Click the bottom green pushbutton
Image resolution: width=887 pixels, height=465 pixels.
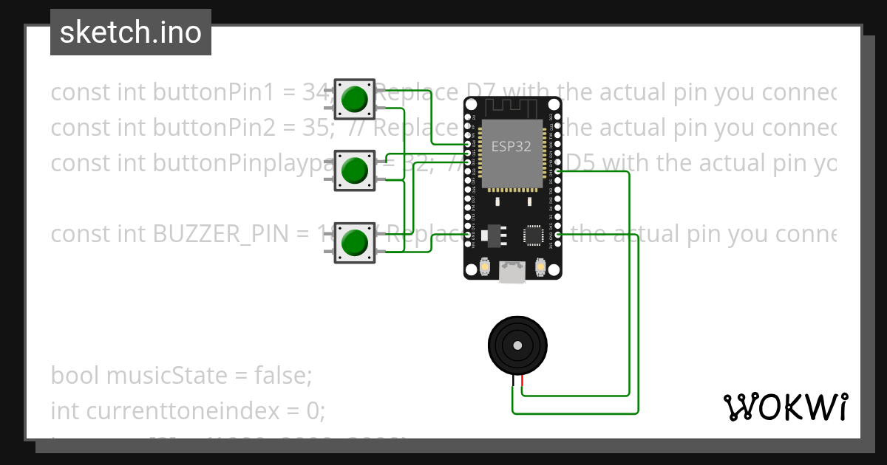[x=355, y=242]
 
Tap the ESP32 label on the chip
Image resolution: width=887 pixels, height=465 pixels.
[x=512, y=146]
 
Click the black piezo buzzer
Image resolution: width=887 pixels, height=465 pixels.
[x=518, y=344]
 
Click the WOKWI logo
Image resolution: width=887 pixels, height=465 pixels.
[x=785, y=407]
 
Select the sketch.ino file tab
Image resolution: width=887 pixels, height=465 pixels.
[x=131, y=32]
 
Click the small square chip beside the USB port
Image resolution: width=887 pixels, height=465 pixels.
[x=534, y=235]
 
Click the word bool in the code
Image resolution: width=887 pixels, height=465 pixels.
[x=75, y=376]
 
